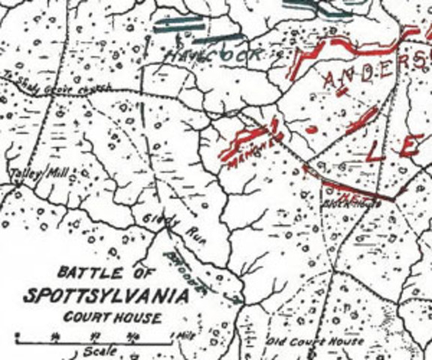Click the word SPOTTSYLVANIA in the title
pos(105,296)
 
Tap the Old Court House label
pos(316,341)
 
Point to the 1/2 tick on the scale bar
pos(96,336)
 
